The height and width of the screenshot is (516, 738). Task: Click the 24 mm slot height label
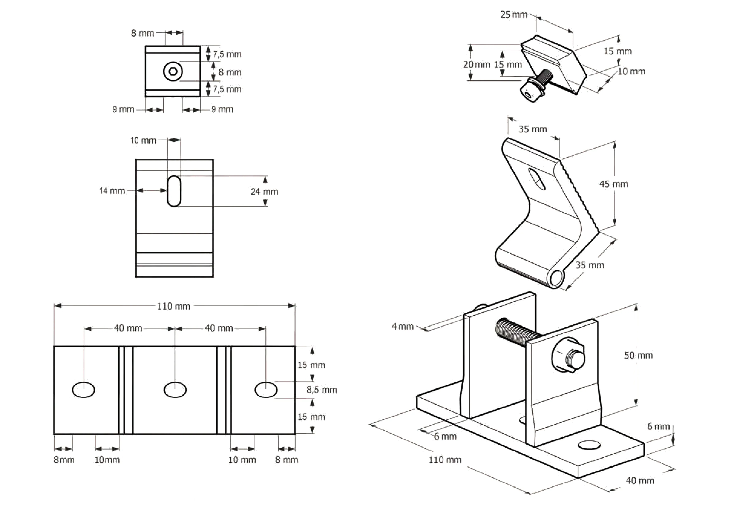coord(264,192)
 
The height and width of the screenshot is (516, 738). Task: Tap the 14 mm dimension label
coord(112,191)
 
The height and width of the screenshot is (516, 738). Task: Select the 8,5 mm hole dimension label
coord(321,390)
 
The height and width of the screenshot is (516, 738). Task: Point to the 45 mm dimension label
coord(613,184)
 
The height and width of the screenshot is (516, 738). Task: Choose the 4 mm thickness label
coord(402,326)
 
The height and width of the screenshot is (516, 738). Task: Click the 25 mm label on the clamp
coord(514,15)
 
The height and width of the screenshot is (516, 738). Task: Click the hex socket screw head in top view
coord(173,71)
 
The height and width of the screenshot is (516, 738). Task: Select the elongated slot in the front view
coord(174,191)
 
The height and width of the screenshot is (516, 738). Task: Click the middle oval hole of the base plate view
coord(175,390)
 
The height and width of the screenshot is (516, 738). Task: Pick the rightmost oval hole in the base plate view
coord(266,390)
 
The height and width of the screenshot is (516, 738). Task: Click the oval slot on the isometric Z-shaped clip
coord(537,179)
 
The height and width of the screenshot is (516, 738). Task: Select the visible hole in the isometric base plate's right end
coord(589,445)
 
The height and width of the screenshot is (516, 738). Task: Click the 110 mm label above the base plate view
coord(174,306)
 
